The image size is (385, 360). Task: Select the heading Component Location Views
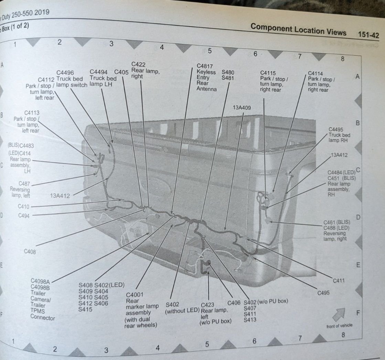(298, 29)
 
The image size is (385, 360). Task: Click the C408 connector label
(30, 251)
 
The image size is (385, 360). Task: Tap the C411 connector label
(339, 280)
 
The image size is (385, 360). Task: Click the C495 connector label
(323, 293)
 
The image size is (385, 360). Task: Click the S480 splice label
(228, 72)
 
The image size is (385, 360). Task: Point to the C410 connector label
(24, 207)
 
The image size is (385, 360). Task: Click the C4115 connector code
(268, 73)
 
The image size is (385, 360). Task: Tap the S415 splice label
(85, 309)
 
